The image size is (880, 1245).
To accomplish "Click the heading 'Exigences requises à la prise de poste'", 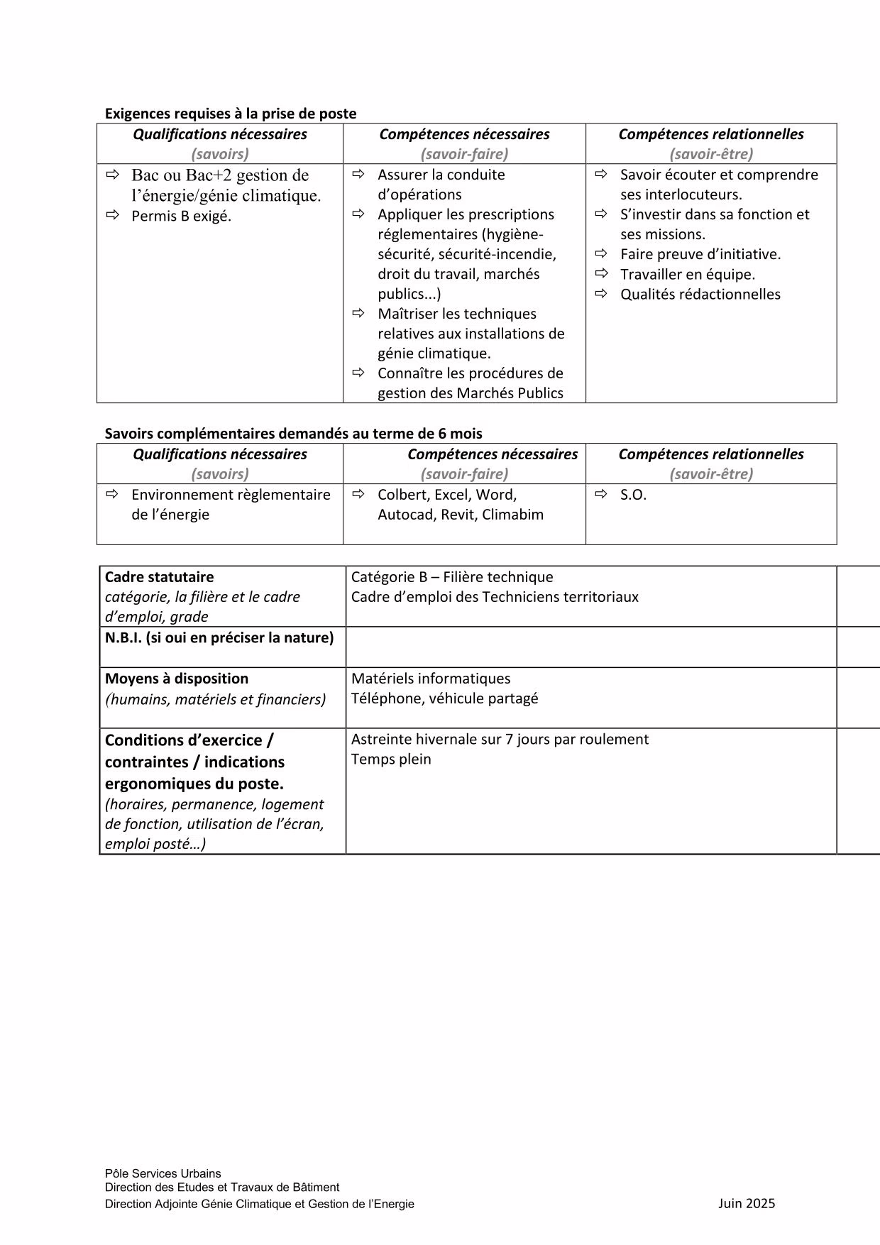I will point(231,114).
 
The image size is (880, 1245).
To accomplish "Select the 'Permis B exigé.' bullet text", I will point(181,216).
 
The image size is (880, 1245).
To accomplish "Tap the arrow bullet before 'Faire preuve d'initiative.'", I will point(602,253).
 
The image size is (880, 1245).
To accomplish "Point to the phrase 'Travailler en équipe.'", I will point(687,275).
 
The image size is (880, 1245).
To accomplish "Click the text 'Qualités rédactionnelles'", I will point(700,295).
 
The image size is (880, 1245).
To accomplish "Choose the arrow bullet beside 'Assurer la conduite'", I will point(358,174).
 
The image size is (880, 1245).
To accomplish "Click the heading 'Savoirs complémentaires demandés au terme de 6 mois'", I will point(293,434).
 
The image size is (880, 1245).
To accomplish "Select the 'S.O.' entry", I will point(633,495).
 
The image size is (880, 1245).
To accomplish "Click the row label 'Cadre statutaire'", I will point(159,577).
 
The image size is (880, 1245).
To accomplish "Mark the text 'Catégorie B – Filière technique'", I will point(451,577).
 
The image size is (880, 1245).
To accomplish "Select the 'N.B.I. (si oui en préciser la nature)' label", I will point(219,637).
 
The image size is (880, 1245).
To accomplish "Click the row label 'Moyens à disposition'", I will point(176,679).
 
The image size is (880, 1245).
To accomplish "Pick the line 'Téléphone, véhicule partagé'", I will point(444,698).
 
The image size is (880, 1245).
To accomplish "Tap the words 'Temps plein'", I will point(391,759).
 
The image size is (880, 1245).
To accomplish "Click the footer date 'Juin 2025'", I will point(747,1203).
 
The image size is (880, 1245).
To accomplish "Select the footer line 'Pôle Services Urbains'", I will point(163,1173).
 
